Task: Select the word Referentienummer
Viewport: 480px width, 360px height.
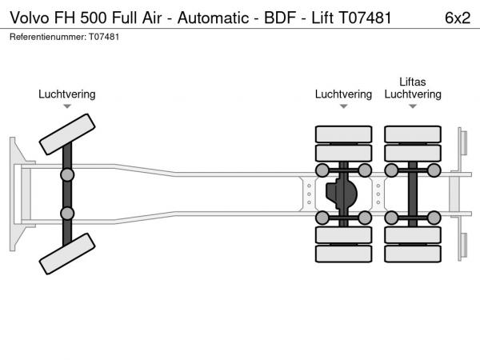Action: [x=47, y=37]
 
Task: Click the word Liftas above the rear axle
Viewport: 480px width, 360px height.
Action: [x=413, y=82]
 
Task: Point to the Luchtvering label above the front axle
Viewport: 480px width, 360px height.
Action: [x=67, y=94]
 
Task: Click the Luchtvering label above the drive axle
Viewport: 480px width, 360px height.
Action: [x=343, y=94]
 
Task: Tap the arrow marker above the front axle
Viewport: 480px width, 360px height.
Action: [x=67, y=106]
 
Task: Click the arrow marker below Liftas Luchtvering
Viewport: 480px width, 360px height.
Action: [x=413, y=106]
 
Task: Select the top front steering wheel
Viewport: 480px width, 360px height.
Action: [x=67, y=134]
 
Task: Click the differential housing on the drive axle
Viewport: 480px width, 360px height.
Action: [x=342, y=194]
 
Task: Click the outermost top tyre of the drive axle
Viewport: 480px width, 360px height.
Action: [x=343, y=134]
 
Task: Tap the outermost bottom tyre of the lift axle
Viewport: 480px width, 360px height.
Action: [x=413, y=254]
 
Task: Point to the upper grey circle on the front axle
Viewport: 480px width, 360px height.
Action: [x=67, y=174]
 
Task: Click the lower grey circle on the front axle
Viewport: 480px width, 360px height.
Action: [x=67, y=213]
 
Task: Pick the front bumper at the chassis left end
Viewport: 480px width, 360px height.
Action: [x=15, y=194]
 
